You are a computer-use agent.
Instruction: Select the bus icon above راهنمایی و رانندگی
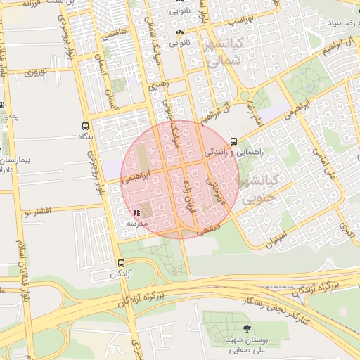233,141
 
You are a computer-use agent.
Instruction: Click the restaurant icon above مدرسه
136,212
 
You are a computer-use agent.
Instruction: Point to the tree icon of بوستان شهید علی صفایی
245,328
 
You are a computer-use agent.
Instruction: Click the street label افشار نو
37,210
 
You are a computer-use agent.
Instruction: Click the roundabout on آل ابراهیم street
245,96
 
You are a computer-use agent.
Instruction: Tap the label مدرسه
136,223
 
